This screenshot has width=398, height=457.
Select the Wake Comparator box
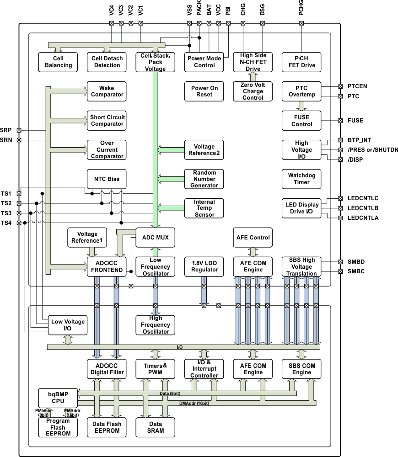click(x=107, y=91)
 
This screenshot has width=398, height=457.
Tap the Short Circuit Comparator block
click(x=107, y=121)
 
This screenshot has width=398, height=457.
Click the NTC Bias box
click(x=107, y=179)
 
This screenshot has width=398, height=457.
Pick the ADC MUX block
click(x=156, y=238)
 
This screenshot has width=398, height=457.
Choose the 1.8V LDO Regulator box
click(x=204, y=266)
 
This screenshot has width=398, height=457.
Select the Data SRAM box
click(x=156, y=427)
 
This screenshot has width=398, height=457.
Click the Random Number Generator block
click(x=204, y=179)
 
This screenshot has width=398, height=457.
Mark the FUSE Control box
click(x=301, y=121)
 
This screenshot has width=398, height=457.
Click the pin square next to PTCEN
click(x=340, y=86)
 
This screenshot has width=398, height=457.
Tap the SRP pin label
click(x=7, y=130)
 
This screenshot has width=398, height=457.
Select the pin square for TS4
click(x=19, y=223)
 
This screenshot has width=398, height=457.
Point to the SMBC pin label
click(x=356, y=271)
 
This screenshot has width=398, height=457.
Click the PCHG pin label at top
click(x=301, y=10)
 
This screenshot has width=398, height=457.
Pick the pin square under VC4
click(x=112, y=23)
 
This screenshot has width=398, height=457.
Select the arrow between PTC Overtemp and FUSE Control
click(x=301, y=106)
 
